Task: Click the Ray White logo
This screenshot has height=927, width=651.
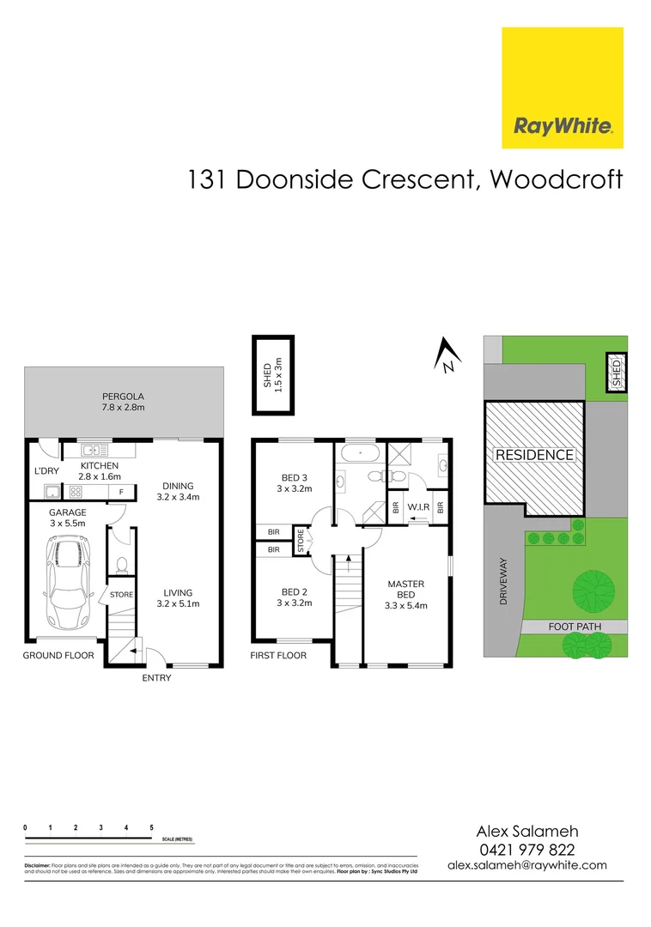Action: tap(563, 88)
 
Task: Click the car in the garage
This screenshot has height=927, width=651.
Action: tap(67, 581)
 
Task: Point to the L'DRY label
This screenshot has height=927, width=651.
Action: tap(46, 470)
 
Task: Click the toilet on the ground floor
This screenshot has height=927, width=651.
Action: tap(122, 564)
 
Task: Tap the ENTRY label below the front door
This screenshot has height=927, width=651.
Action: tap(156, 678)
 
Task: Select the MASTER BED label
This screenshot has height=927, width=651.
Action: tap(406, 590)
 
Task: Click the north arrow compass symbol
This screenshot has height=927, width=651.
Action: tap(446, 354)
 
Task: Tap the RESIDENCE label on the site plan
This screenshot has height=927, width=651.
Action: tap(533, 455)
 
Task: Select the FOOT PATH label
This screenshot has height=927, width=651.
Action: tap(575, 627)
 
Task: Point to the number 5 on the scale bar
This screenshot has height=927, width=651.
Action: tap(151, 827)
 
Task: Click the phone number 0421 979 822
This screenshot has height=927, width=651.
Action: tap(526, 849)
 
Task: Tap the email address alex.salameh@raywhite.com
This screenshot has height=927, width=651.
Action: tap(527, 866)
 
